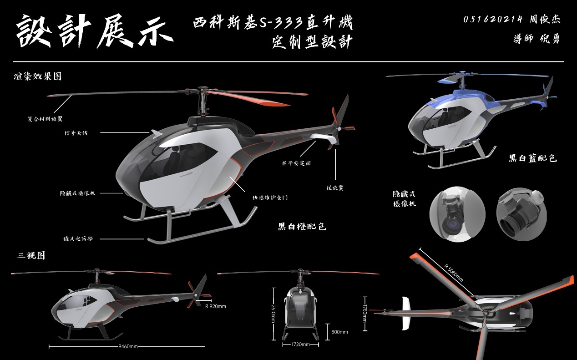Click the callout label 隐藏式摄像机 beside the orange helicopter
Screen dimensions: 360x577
tap(78, 193)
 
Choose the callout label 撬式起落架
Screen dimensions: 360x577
tap(78, 238)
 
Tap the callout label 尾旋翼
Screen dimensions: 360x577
tap(335, 187)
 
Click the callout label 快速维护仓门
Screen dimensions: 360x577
tap(270, 198)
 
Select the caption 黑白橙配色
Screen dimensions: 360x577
tap(302, 226)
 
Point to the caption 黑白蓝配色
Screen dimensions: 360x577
tap(533, 158)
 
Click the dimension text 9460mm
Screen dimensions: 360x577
tap(128, 347)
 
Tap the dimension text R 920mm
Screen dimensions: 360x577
tap(216, 306)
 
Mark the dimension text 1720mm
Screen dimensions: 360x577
tap(300, 345)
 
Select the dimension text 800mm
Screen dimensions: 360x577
tap(339, 332)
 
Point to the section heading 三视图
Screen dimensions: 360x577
tap(31, 255)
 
